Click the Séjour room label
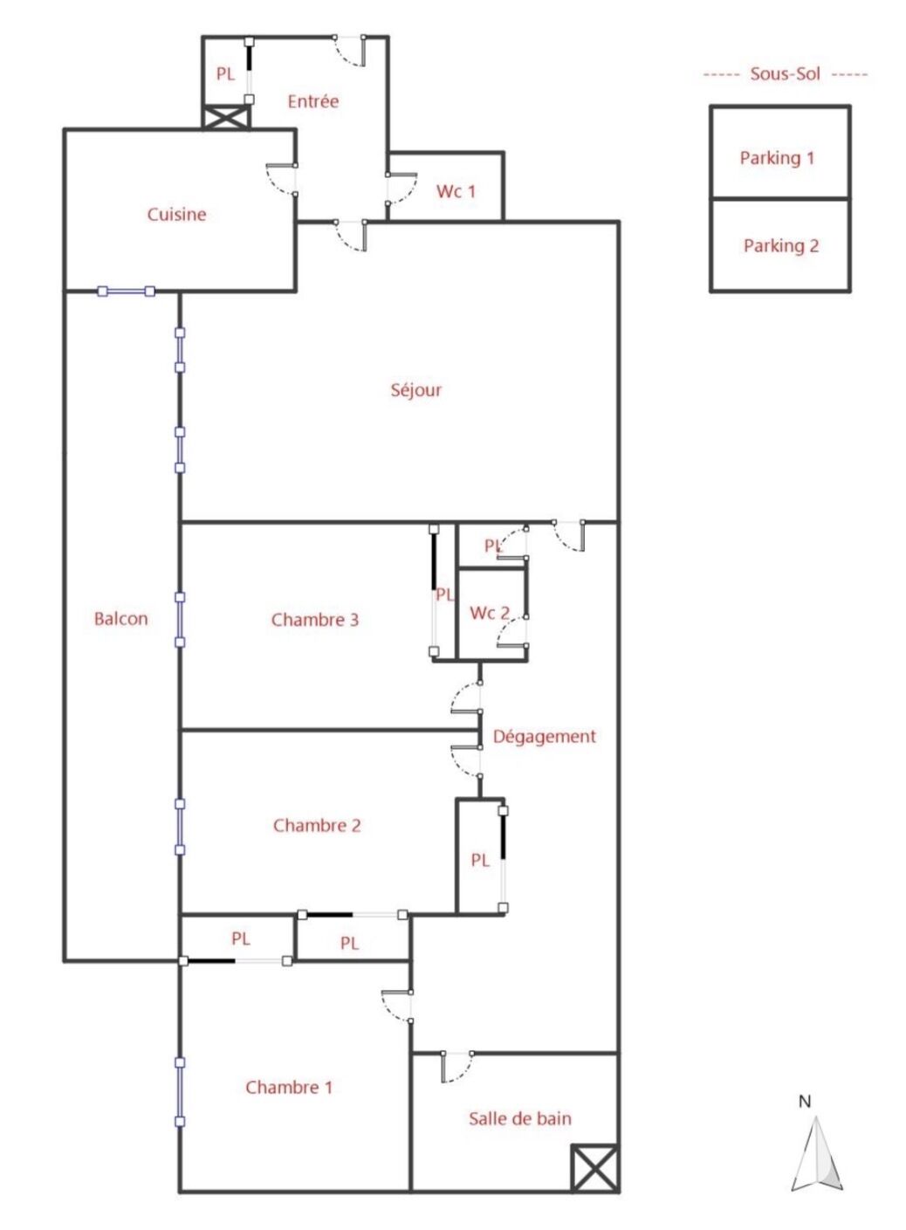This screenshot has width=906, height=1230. point(415,390)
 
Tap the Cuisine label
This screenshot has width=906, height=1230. point(176,215)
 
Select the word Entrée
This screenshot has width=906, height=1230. point(312,101)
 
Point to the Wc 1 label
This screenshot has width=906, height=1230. point(456,191)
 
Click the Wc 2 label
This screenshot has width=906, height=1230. point(489,613)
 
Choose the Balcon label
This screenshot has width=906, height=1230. point(120,619)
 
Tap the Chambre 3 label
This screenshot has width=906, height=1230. point(314,620)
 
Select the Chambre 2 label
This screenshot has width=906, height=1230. point(316,826)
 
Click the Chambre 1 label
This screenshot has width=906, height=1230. point(288,1088)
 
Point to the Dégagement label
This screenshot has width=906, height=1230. point(544,737)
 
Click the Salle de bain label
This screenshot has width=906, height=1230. point(519,1119)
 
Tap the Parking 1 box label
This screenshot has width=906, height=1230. point(777,158)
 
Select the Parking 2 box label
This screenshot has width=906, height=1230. point(780,246)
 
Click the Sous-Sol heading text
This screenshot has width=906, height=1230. point(785,74)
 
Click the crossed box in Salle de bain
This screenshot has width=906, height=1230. point(594,1168)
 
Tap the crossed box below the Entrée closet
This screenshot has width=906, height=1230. point(226,117)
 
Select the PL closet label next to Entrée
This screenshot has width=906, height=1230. point(225,74)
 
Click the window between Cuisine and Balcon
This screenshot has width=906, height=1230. point(127,291)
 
